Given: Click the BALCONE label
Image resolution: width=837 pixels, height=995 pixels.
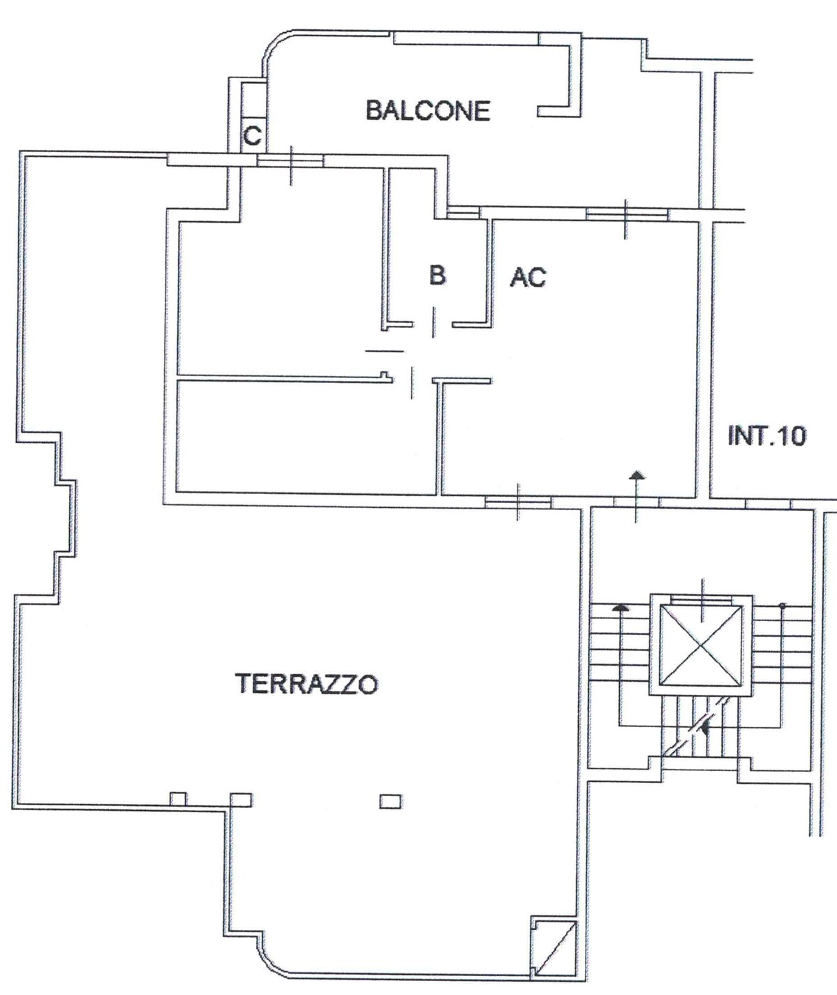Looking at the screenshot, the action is (x=428, y=110).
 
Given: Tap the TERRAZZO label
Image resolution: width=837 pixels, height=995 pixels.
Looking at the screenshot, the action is (x=306, y=684).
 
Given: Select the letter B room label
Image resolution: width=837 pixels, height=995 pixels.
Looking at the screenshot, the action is (x=437, y=275).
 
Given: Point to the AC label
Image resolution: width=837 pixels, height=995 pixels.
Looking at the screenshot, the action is (x=528, y=277).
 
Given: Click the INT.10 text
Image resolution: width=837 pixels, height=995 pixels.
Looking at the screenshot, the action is (x=767, y=435).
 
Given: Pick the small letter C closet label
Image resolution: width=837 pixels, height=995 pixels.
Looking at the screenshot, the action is (x=252, y=136).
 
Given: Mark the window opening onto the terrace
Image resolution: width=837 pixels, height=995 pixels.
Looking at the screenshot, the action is (x=518, y=502).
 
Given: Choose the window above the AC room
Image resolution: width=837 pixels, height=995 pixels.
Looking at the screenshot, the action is (x=626, y=214).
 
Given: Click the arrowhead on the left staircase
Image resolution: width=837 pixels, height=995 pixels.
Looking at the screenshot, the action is (x=620, y=608).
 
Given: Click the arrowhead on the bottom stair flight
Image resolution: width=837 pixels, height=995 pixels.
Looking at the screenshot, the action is (x=704, y=727).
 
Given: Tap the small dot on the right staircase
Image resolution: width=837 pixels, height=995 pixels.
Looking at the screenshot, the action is (x=782, y=606).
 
